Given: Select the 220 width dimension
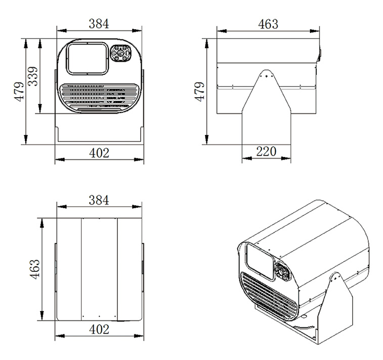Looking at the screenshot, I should (x=266, y=151).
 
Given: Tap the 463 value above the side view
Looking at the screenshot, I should (x=268, y=23).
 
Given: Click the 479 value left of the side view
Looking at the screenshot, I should (x=200, y=91).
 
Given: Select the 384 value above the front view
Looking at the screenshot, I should (x=99, y=23).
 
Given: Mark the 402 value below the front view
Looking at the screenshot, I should (x=99, y=152).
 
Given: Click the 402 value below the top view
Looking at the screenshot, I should (x=99, y=329).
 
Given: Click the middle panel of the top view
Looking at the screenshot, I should (x=99, y=268).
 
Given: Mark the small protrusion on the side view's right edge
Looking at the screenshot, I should (x=319, y=52).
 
